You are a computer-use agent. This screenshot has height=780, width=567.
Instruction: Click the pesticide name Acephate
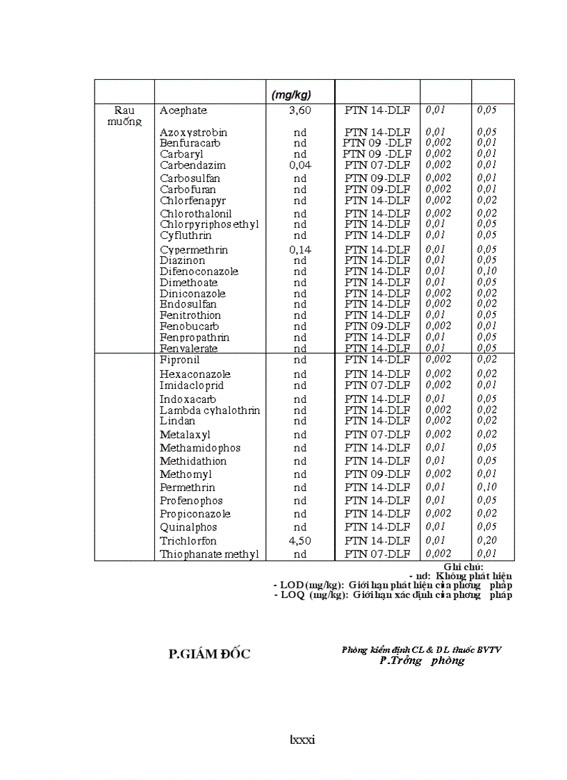click(x=183, y=110)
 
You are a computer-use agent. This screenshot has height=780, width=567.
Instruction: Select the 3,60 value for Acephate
click(x=300, y=110)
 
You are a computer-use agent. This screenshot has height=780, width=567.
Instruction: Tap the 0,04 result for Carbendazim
click(x=300, y=165)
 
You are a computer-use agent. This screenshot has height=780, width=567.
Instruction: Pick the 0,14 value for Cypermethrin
click(x=300, y=250)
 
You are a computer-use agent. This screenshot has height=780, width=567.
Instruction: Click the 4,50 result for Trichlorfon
click(x=300, y=541)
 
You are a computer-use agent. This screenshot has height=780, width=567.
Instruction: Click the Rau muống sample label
click(x=125, y=116)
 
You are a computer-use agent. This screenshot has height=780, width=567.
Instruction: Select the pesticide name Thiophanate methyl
click(x=209, y=554)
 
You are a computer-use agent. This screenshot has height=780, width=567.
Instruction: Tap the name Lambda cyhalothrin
click(x=210, y=410)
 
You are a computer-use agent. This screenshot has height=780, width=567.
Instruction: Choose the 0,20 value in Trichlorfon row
click(x=487, y=540)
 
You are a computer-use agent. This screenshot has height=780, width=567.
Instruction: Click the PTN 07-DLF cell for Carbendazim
click(x=377, y=165)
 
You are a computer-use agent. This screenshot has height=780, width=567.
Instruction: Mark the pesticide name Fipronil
click(x=179, y=360)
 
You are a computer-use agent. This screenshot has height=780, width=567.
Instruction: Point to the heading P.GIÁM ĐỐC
click(x=210, y=654)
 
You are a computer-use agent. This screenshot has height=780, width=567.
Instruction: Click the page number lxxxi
click(x=302, y=740)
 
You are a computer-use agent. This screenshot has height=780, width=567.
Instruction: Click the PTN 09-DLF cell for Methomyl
click(x=377, y=474)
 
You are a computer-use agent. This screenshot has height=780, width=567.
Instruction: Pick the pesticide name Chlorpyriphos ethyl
click(x=209, y=224)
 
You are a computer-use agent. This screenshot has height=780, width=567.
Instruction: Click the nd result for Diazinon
click(x=300, y=260)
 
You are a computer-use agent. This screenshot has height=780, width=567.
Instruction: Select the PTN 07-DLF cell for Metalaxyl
click(x=377, y=435)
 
